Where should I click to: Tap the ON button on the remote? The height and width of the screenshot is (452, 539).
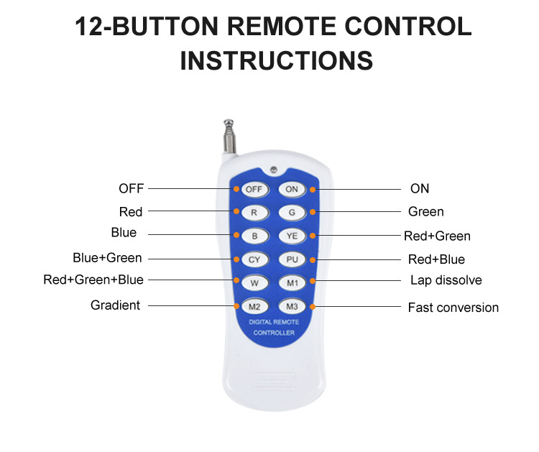[x=292, y=190]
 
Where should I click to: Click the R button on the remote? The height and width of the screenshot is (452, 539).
[x=254, y=213]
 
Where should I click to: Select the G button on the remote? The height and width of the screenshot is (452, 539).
[x=292, y=213]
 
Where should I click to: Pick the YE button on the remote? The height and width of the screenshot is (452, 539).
[x=292, y=236]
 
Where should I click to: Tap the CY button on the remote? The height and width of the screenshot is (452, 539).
[x=254, y=260]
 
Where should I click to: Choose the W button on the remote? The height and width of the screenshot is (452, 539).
[x=254, y=283]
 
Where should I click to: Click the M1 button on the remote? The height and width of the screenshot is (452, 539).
[x=292, y=283]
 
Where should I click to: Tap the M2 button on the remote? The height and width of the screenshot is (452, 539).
[x=254, y=307]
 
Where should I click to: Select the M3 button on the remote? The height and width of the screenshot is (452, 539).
[x=292, y=307]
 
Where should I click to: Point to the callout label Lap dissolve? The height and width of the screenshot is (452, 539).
[x=446, y=280]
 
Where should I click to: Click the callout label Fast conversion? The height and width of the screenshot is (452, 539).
[x=453, y=308]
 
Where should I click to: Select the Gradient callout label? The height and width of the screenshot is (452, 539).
[x=115, y=305]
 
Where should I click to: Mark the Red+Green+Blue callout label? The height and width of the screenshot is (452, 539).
[x=93, y=280]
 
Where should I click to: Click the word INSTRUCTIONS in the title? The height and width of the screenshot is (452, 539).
[x=277, y=60]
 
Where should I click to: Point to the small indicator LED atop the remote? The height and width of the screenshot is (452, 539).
[x=274, y=169]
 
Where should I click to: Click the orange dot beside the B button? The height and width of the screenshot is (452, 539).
[x=236, y=235]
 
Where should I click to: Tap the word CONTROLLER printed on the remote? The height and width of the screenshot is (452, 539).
[x=274, y=333]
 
